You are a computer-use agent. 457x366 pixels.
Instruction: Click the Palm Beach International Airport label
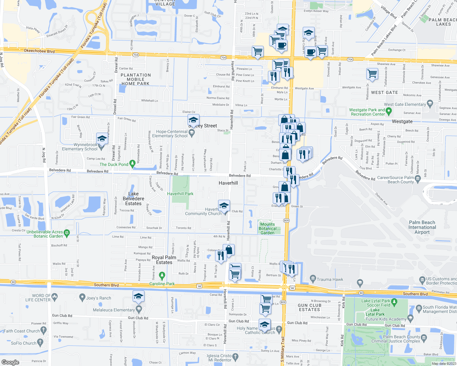[x=422, y=227]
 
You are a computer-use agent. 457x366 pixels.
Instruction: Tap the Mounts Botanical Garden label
[x=267, y=228]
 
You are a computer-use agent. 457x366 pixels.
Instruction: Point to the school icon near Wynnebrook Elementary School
[x=102, y=139]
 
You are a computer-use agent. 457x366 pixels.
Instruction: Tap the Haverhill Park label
[x=180, y=194]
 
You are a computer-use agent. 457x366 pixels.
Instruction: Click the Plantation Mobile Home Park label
[x=136, y=79]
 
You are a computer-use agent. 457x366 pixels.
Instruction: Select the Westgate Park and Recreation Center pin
[x=389, y=111]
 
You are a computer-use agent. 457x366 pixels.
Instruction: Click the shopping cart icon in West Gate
[x=372, y=74]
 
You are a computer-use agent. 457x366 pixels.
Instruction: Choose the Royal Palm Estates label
[x=164, y=260]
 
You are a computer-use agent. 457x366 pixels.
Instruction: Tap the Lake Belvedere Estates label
[x=133, y=199]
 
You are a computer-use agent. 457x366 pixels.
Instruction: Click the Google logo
[x=10, y=362]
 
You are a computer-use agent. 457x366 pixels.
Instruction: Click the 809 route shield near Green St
[x=286, y=221]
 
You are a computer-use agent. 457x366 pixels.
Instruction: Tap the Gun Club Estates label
[x=309, y=307]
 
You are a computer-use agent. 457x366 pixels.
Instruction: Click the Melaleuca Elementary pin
[x=139, y=309]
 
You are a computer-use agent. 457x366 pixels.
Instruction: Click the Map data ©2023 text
[x=444, y=363]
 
